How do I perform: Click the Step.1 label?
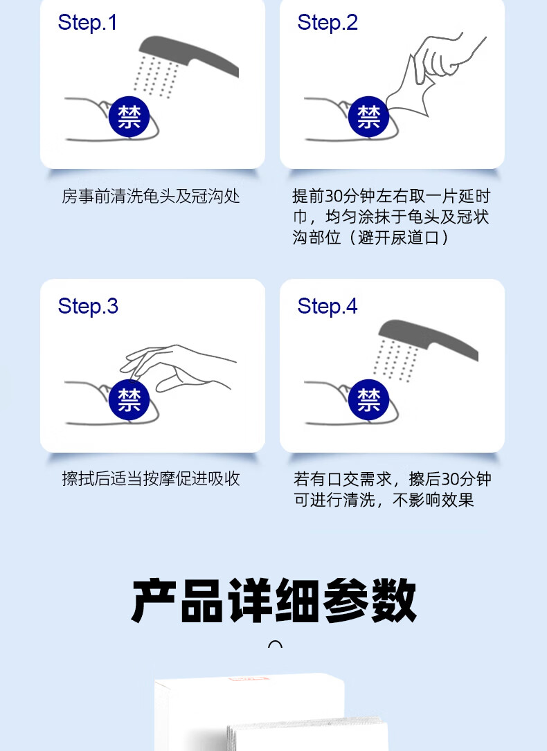pos(87,23)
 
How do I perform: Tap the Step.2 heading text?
pos(327,23)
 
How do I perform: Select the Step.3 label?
pos(88,306)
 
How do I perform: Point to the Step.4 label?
pos(327,306)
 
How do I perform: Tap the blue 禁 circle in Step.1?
pos(129,116)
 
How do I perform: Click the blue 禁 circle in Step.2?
pos(368,116)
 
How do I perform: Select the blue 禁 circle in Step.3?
pos(129,399)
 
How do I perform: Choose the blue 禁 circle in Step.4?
pos(368,399)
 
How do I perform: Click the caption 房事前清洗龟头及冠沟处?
pos(151,196)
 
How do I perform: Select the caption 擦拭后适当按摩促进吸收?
pos(151,478)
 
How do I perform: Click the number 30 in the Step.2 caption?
pos(334,196)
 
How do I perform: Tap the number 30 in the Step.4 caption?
pos(450,479)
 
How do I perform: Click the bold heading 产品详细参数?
pos(273,600)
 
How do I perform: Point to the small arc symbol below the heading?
pos(275,643)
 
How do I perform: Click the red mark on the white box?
pos(249,678)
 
